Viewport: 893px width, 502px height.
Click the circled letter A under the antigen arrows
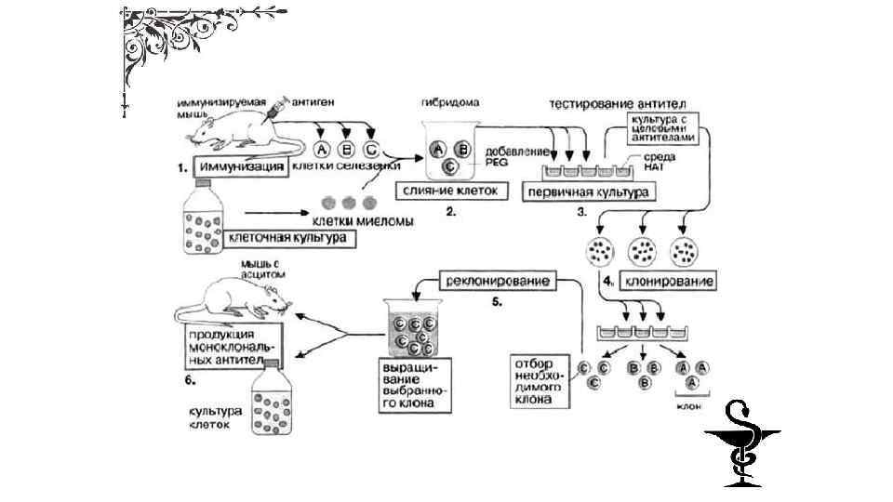[x=322, y=150]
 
